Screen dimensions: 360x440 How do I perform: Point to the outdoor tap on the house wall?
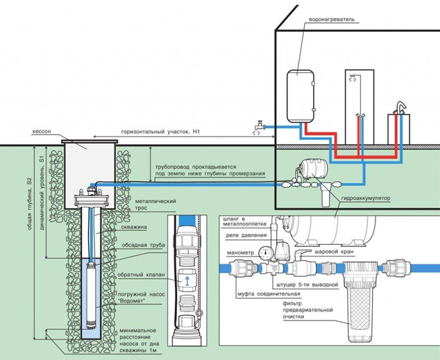257,126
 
